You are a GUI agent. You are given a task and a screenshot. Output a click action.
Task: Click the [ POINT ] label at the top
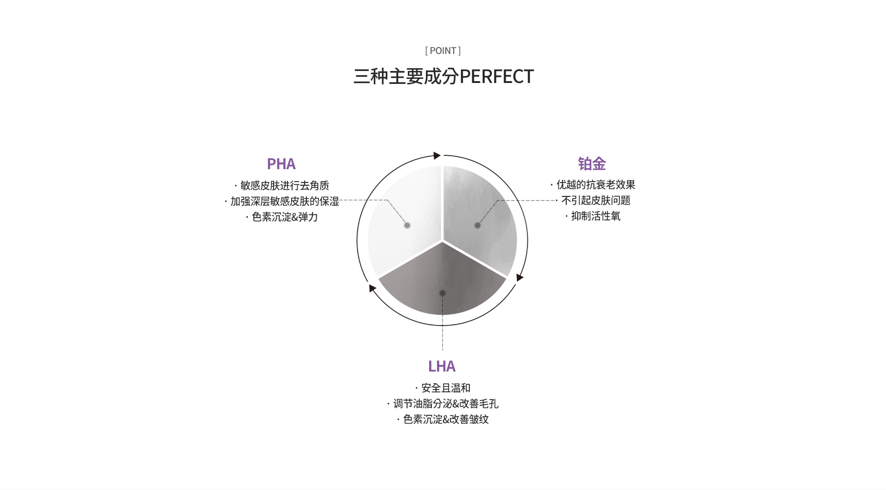click(x=443, y=51)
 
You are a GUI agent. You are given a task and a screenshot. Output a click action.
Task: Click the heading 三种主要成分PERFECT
click(x=443, y=77)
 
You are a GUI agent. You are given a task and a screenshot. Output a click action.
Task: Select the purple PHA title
click(x=281, y=164)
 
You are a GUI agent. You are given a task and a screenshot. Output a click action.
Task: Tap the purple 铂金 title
click(x=592, y=164)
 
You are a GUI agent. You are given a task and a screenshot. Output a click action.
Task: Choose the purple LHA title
click(x=442, y=366)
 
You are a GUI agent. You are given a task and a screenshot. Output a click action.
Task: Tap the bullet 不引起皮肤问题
click(x=596, y=200)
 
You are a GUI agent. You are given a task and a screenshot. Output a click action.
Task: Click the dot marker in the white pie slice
click(x=407, y=225)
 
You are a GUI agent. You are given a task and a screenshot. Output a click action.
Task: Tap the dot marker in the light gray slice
click(x=478, y=225)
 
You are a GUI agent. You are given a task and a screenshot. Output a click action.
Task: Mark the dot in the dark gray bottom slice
click(x=443, y=293)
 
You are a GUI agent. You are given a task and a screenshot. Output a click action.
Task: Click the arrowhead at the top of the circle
click(x=437, y=155)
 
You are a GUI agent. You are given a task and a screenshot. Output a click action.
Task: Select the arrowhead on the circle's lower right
click(x=520, y=277)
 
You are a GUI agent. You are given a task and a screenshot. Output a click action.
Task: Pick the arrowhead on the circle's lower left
click(x=372, y=288)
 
